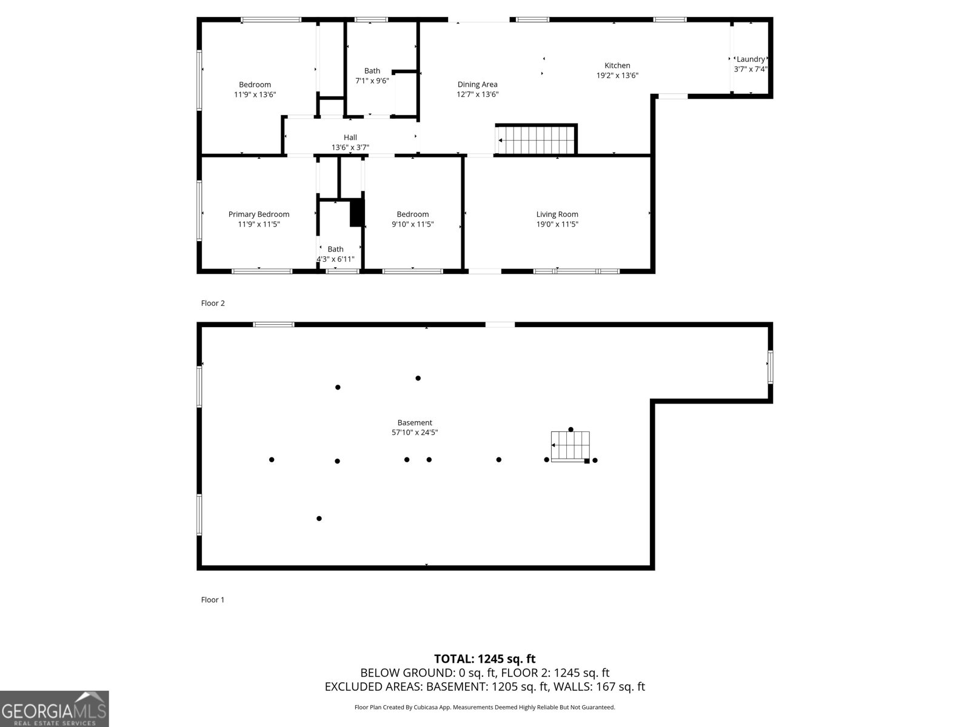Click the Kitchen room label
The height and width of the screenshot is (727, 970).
617,65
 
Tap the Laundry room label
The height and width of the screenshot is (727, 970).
751,59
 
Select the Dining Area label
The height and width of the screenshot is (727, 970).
477,85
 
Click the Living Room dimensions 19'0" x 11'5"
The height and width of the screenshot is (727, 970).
557,224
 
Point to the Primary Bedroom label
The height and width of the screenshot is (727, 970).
259,214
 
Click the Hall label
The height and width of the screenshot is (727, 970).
350,138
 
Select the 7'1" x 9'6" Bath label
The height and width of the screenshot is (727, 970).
372,76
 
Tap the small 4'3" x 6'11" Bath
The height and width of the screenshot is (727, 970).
335,254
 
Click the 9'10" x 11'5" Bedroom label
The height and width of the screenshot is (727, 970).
412,219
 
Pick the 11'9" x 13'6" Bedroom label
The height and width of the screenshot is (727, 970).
255,90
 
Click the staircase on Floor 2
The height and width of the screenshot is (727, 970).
536,140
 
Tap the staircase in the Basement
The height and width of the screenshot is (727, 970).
570,446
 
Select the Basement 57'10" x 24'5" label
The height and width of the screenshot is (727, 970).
415,428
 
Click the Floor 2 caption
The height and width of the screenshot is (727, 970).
213,303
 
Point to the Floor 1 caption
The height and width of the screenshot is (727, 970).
213,600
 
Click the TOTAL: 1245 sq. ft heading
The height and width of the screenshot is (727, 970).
484,659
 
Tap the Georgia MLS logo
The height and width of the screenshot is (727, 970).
55,709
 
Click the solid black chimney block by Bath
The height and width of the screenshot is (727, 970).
357,213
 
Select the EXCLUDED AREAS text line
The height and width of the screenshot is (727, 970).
484,686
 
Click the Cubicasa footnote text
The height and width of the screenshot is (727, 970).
484,707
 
